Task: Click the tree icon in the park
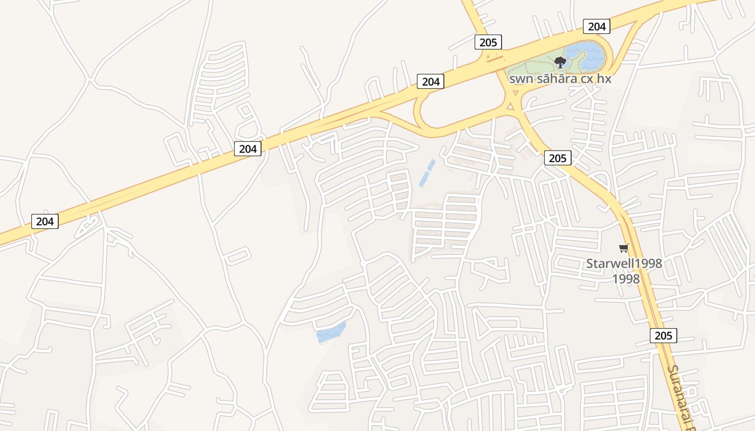[560, 62]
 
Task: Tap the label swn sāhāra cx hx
[561, 79]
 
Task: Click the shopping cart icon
[624, 248]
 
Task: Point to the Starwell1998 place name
[624, 264]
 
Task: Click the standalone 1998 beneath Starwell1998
[626, 279]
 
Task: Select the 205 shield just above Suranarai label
[663, 336]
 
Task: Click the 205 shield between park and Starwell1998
[558, 158]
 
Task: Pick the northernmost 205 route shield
[489, 42]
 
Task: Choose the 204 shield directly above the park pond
[596, 26]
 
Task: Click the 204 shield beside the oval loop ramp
[430, 82]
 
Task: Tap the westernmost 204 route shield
[45, 221]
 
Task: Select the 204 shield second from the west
[248, 149]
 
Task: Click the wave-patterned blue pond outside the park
[331, 332]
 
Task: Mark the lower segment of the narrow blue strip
[423, 179]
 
